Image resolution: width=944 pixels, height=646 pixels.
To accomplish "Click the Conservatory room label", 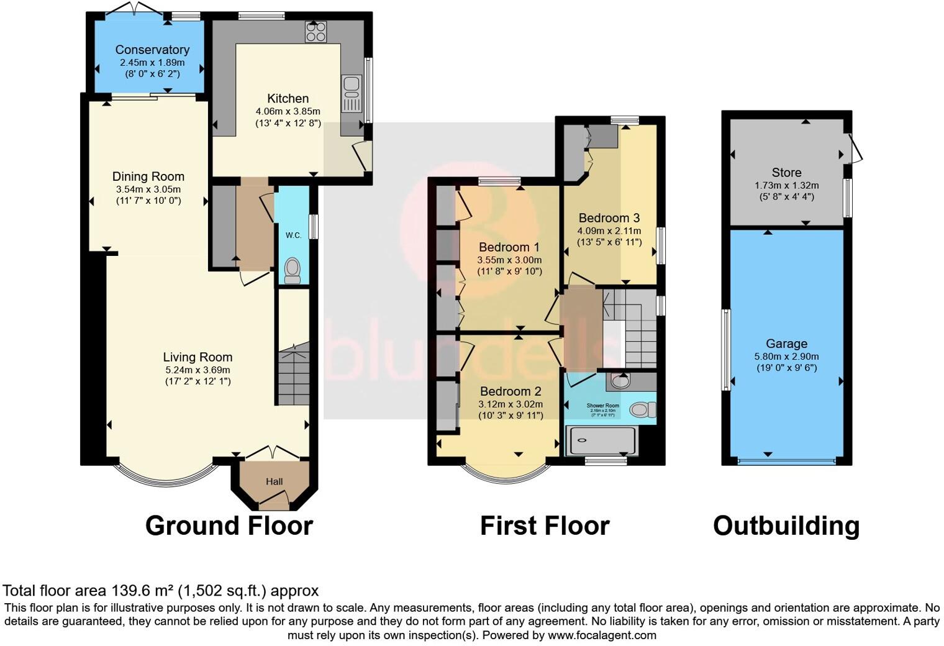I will point(152,50).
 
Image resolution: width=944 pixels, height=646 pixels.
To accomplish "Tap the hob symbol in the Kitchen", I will point(315,32).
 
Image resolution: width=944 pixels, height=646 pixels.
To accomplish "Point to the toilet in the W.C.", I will point(292,270).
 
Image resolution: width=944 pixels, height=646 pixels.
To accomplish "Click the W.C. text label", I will point(293,235).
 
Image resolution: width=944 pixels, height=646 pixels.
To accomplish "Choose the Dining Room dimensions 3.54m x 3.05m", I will point(148,189).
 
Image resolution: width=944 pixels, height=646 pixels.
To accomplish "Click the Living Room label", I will point(197,357).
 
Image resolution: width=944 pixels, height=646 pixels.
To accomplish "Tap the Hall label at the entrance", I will point(275,481).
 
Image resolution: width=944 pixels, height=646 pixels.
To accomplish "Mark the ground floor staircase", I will point(293,376).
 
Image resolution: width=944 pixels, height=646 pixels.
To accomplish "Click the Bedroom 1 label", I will point(509,247).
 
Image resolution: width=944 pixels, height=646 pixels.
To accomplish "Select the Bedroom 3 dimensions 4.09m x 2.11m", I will point(609,231).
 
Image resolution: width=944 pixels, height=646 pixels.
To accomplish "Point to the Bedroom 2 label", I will point(511,391).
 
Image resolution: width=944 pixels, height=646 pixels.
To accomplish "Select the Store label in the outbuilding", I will point(786,173).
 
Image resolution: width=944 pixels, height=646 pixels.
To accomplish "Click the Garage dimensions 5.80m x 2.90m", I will point(786,357).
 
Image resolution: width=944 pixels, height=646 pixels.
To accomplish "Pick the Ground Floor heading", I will point(229,525).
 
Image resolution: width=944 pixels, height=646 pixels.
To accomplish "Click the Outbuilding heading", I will point(786,525).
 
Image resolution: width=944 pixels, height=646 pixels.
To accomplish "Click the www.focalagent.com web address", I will point(602,635).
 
